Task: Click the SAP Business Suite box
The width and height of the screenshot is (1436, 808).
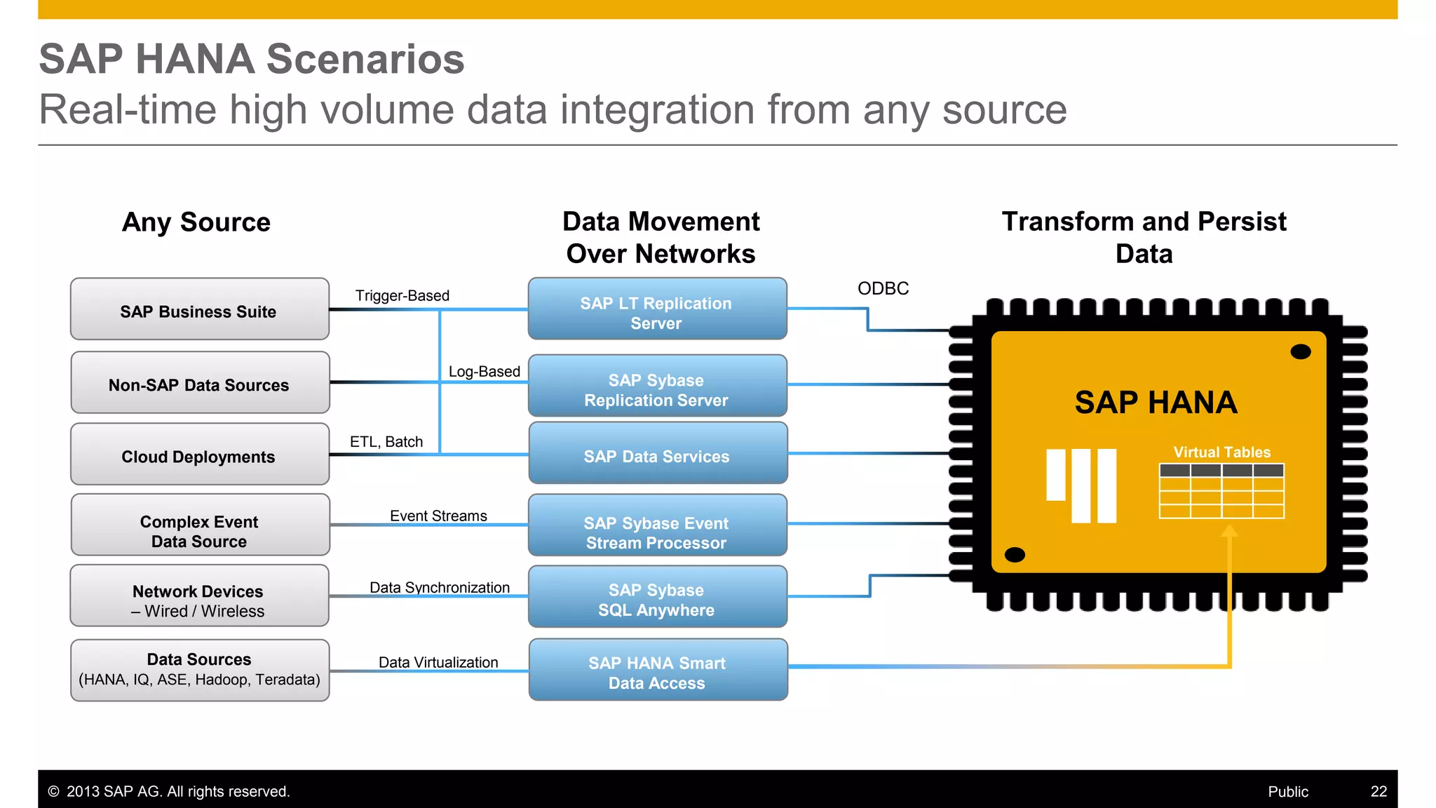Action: pyautogui.click(x=199, y=309)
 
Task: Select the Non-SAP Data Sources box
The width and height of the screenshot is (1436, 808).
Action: pyautogui.click(x=199, y=383)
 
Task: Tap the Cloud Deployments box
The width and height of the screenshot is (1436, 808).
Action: pyautogui.click(x=199, y=454)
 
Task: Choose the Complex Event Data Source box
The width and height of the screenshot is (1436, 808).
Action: pyautogui.click(x=199, y=525)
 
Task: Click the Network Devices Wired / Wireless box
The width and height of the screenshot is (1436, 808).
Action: pyautogui.click(x=199, y=596)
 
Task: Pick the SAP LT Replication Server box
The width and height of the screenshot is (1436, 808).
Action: pyautogui.click(x=657, y=309)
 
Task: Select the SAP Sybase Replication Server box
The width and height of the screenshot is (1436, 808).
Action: pyautogui.click(x=657, y=386)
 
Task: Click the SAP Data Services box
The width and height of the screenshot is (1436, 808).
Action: pyautogui.click(x=657, y=453)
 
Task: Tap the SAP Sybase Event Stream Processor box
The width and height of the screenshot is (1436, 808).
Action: pyautogui.click(x=657, y=526)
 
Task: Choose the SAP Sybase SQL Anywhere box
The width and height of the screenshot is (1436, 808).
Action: pyautogui.click(x=657, y=597)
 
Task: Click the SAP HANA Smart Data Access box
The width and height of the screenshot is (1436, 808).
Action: pyautogui.click(x=657, y=670)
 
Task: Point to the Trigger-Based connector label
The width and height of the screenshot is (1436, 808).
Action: pyautogui.click(x=402, y=296)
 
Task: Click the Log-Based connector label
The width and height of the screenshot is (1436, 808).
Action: pyautogui.click(x=484, y=372)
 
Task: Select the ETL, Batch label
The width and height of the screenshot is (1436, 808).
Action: pyautogui.click(x=386, y=442)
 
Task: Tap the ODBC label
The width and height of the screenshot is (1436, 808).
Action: pyautogui.click(x=883, y=288)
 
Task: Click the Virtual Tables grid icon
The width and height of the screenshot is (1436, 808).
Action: pyautogui.click(x=1221, y=491)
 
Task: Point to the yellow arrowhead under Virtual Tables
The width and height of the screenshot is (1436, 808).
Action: pyautogui.click(x=1229, y=531)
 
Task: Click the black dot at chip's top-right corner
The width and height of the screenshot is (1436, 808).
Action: pyautogui.click(x=1300, y=351)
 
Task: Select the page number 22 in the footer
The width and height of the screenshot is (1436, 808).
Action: pyautogui.click(x=1379, y=791)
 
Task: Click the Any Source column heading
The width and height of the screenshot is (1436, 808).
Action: pyautogui.click(x=196, y=222)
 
